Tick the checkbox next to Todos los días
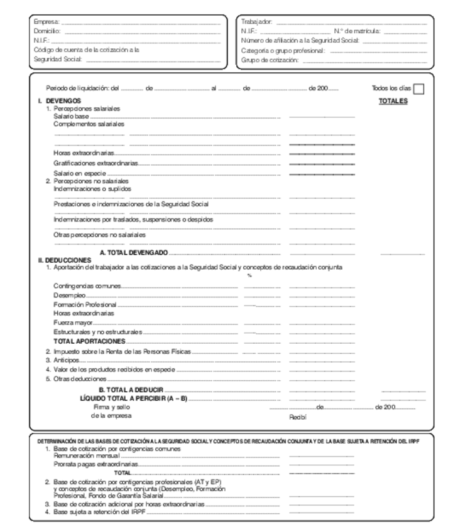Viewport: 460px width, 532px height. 419,88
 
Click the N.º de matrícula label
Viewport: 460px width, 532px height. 357,31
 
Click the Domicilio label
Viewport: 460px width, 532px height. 48,31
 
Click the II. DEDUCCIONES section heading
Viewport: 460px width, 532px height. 64,259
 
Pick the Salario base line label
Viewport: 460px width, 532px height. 71,116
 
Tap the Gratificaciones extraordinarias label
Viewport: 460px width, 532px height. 95,162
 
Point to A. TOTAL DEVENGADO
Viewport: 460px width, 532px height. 134,252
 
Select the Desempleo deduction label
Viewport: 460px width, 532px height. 69,295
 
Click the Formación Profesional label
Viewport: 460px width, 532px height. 84,304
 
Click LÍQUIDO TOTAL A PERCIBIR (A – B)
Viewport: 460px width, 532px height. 134,398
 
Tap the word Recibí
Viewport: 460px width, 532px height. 297,416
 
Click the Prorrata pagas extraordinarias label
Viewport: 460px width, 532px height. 96,465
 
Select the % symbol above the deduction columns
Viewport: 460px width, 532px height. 249,275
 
